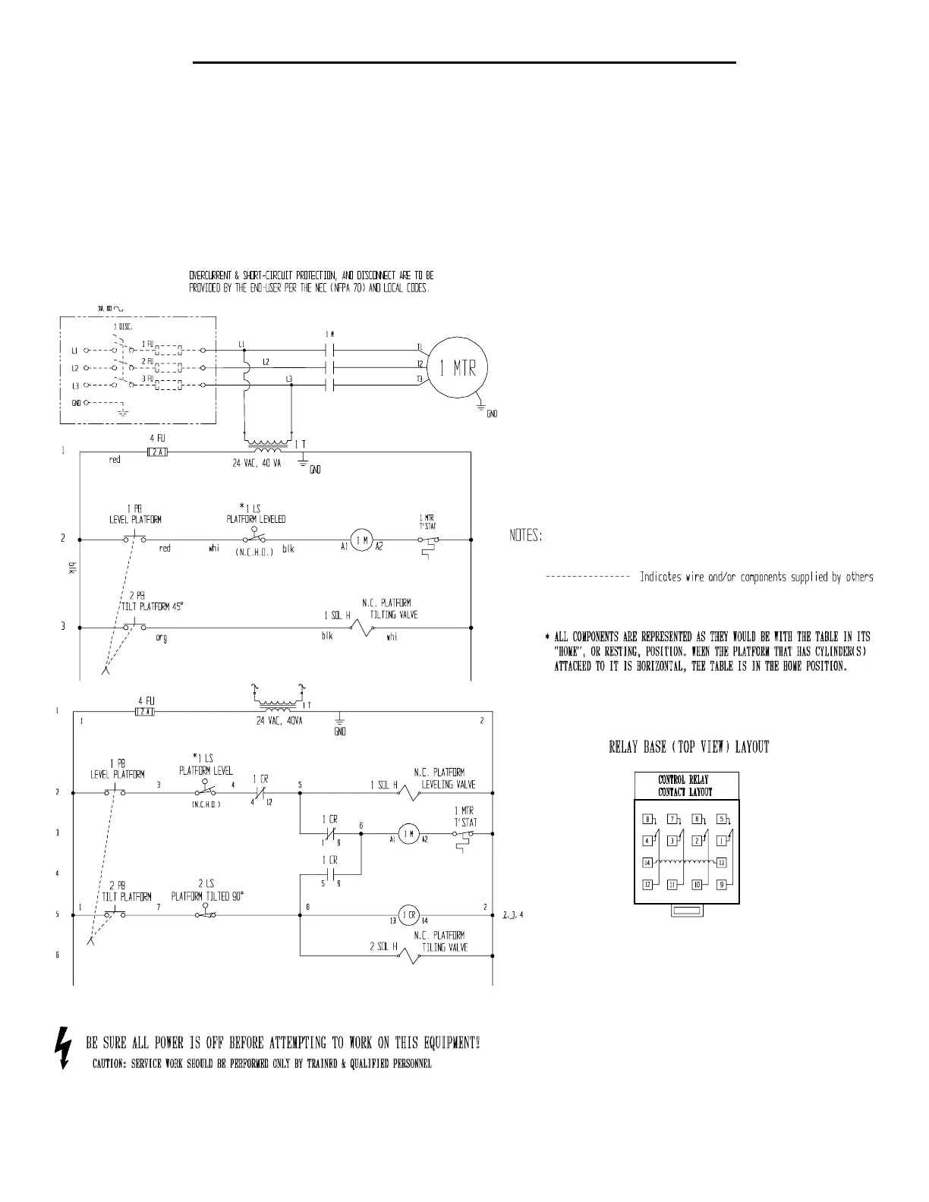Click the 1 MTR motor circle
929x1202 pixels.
[x=456, y=369]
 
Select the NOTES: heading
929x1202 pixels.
[x=525, y=536]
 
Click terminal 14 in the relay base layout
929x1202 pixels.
[x=647, y=863]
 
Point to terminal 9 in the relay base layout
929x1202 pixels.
[x=722, y=885]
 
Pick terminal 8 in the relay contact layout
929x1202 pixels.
[x=647, y=819]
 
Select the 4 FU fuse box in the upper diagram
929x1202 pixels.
[x=156, y=452]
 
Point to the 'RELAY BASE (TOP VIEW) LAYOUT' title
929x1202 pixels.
[x=689, y=747]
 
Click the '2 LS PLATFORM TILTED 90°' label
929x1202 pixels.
[x=207, y=890]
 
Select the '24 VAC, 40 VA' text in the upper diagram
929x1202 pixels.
[x=257, y=464]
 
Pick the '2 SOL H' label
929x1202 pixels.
[x=383, y=947]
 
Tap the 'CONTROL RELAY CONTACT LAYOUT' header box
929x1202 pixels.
[x=685, y=786]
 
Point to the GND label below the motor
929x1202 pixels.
[x=493, y=414]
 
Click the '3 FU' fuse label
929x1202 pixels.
[x=148, y=377]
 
